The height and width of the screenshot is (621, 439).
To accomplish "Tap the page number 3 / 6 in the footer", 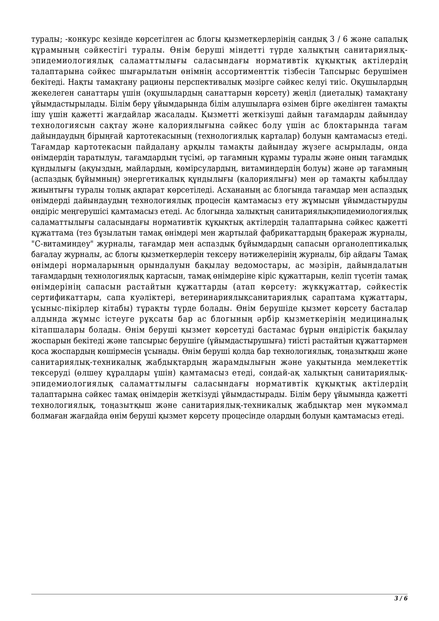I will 401,598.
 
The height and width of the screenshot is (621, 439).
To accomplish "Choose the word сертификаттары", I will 67,298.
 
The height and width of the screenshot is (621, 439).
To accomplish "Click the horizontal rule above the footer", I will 219,592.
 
